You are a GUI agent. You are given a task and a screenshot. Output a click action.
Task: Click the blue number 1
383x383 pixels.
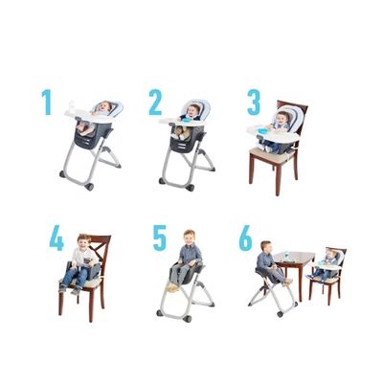click(x=46, y=102)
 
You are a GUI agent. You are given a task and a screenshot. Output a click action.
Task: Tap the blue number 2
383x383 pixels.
click(x=155, y=102)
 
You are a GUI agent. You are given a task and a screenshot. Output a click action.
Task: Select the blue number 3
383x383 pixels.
click(x=254, y=102)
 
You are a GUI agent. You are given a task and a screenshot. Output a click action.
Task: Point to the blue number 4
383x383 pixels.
click(x=56, y=238)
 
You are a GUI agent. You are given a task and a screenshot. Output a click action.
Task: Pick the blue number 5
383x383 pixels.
click(x=159, y=238)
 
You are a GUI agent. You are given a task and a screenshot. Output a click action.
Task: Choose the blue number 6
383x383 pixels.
click(x=246, y=238)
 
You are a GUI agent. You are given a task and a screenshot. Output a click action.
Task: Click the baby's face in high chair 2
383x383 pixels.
click(x=194, y=110)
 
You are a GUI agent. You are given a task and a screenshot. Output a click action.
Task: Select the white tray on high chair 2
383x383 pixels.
click(x=178, y=122)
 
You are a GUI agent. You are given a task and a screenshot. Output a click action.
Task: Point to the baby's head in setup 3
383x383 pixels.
click(x=282, y=117)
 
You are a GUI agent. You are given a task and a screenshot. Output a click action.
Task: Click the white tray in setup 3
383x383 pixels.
click(x=261, y=129)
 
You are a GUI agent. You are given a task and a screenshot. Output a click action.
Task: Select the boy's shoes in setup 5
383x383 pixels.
click(x=173, y=286)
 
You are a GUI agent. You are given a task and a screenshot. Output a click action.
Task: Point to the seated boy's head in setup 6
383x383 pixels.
click(x=264, y=247)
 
